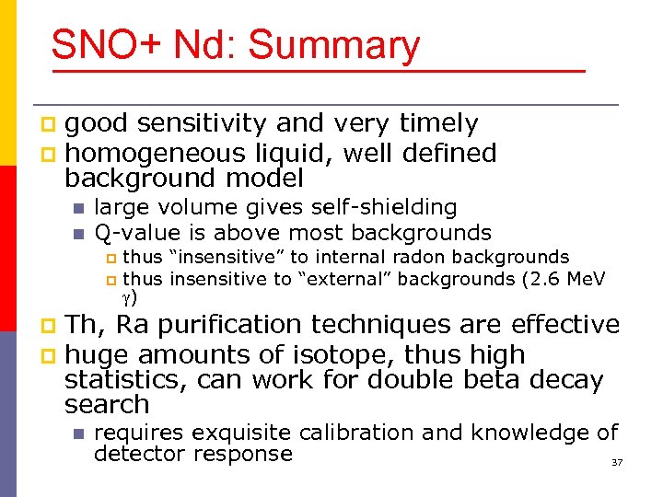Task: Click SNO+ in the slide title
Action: click(x=99, y=45)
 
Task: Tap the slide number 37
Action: click(x=617, y=462)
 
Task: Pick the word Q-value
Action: click(x=134, y=233)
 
